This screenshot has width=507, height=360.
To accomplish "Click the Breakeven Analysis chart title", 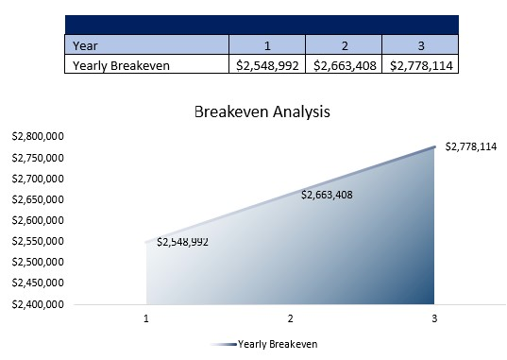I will (x=262, y=111).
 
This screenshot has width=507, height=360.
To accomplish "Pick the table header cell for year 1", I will (x=267, y=44).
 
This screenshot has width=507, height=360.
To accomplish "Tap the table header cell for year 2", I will (x=344, y=44).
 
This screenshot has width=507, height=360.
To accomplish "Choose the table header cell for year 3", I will (x=420, y=44).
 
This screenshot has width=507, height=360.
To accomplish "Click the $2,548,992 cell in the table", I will (x=268, y=65).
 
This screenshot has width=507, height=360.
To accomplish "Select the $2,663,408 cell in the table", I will (x=345, y=65).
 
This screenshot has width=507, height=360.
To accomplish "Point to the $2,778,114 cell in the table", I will (x=421, y=65).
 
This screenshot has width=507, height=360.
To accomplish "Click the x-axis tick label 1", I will (x=146, y=319).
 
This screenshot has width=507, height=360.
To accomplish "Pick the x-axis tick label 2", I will (x=291, y=319).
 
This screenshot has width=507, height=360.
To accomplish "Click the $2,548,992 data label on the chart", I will (x=182, y=242).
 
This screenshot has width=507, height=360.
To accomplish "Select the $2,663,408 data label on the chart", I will (x=327, y=195).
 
